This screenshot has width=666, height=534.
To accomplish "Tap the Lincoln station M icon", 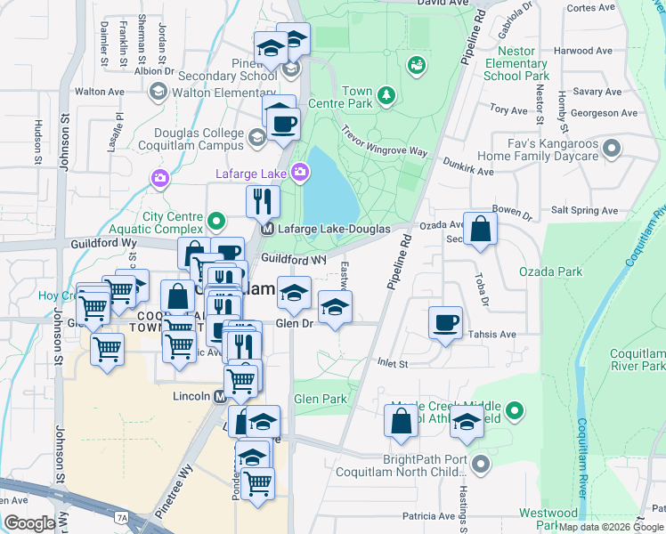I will click(x=222, y=396).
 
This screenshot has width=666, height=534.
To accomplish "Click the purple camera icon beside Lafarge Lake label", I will click(x=302, y=171).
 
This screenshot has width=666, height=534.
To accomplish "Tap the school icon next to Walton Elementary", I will click(x=158, y=91).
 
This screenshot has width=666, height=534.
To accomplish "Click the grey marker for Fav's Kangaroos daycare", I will click(x=612, y=147).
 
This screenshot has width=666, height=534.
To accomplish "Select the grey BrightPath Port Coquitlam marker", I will click(x=481, y=465).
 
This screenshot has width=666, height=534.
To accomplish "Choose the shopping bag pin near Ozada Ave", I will click(x=480, y=230).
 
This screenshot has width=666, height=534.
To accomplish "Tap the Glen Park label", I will click(x=321, y=399).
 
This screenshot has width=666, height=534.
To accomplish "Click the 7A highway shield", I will click(x=122, y=515).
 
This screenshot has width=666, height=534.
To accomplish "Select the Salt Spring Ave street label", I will click(x=584, y=211).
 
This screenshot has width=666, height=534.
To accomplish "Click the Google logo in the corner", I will click(x=29, y=523).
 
